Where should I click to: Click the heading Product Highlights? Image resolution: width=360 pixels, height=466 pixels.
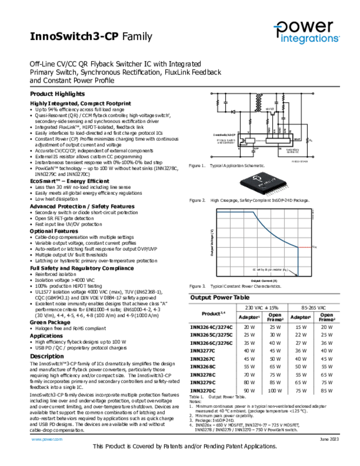coord(57,94)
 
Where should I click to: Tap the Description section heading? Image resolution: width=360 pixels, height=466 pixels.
coord(47,356)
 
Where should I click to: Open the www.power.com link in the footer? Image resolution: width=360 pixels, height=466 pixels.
coord(46,439)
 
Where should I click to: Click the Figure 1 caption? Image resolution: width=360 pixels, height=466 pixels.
coord(227,166)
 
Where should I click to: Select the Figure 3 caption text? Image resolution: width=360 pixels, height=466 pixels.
coord(235,286)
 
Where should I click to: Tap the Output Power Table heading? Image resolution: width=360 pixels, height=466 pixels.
coord(219,297)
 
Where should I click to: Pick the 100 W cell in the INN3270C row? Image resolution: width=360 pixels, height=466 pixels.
coord(274,390)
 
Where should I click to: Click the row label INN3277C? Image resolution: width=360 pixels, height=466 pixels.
coord(203,350)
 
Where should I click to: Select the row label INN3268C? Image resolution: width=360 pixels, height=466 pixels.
coord(203,366)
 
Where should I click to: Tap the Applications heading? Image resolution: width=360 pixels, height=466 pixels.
coord(46,335)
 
